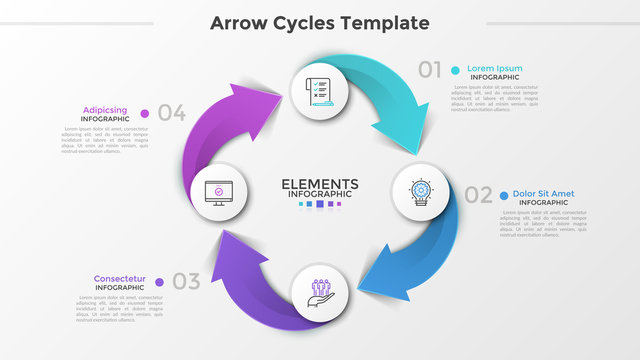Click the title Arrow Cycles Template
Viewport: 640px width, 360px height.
320,23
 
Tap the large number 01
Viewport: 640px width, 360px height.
430,70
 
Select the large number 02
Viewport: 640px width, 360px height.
478,195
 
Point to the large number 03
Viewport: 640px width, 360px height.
186,281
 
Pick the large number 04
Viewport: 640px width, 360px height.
172,113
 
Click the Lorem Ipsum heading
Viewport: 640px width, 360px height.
494,69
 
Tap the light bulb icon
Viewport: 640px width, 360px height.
420,190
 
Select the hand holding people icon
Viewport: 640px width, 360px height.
320,291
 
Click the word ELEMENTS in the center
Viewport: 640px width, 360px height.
320,183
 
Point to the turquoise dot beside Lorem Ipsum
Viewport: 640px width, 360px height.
455,70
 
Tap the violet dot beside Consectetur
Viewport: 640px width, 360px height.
160,281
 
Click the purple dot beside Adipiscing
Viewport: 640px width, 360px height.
145,113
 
